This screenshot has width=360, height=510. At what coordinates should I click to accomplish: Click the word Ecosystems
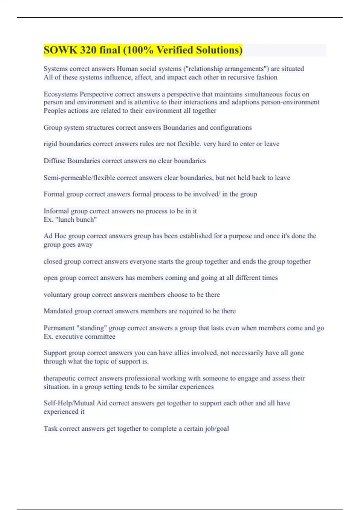61,94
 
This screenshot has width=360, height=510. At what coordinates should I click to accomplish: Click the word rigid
50,144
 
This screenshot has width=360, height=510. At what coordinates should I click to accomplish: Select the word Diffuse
54,161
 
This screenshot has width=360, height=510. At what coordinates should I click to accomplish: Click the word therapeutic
59,378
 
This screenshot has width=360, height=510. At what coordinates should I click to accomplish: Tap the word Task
50,429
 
